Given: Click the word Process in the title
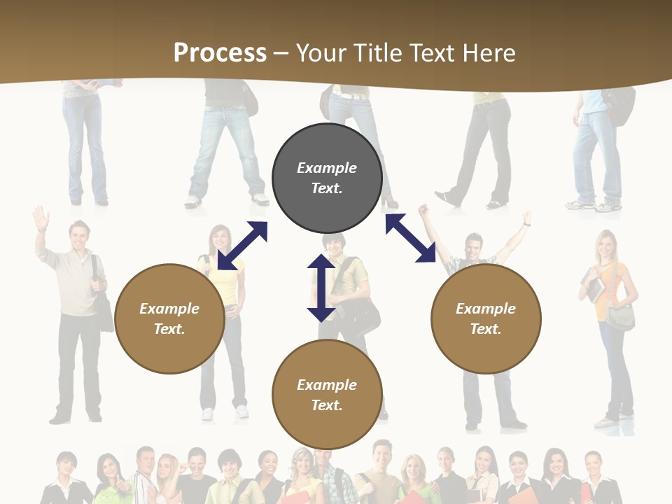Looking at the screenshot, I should tap(220, 52).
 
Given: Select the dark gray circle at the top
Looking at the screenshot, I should tap(327, 178).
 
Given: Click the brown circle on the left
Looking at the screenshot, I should tap(169, 318).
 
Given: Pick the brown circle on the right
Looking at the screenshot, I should tap(486, 318).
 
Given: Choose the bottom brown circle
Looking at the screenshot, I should tap(327, 394).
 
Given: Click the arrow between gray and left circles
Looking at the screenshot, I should tap(242, 246).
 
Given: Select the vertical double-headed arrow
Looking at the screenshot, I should tap(321, 288).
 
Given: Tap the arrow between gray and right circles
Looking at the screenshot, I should tap(410, 238).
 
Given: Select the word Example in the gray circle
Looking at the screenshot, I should tap(327, 168).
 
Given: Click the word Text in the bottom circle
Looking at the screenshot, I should tap(325, 405).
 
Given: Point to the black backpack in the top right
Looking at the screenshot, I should tap(619, 105).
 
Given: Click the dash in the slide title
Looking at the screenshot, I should tap(281, 53).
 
